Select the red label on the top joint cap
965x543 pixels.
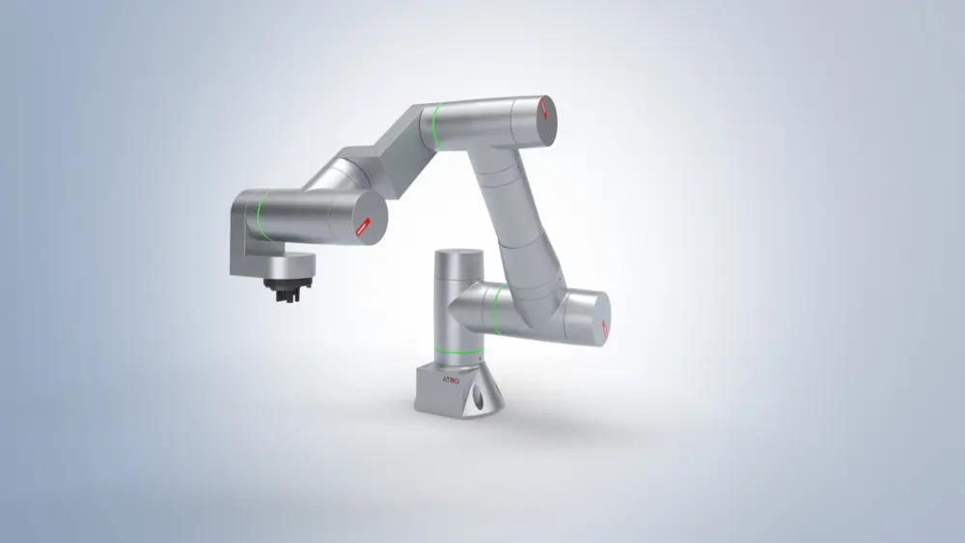[x=546, y=108]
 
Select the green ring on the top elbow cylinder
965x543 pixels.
[x=436, y=126]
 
